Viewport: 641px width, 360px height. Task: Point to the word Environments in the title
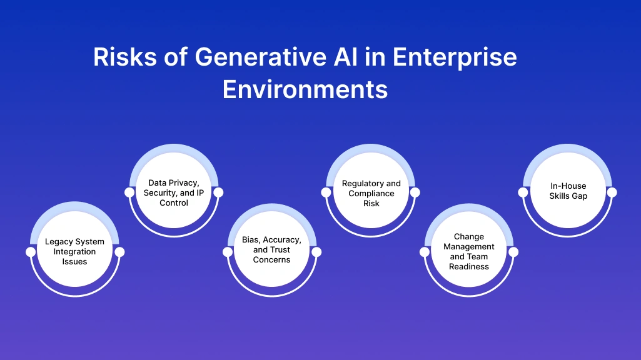click(x=305, y=89)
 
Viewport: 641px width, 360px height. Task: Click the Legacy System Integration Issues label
click(x=75, y=251)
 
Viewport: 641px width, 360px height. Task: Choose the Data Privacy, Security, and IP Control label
click(x=174, y=192)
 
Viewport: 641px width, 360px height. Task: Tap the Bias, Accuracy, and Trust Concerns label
click(x=272, y=249)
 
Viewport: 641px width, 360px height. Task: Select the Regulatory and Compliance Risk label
click(x=371, y=193)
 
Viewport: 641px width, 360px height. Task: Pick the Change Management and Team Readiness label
click(x=469, y=251)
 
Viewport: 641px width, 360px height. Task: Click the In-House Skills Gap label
click(x=568, y=191)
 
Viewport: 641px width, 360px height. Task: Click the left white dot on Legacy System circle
click(x=30, y=252)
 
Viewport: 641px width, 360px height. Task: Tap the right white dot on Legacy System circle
click(x=120, y=252)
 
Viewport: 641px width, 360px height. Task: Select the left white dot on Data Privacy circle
click(x=129, y=192)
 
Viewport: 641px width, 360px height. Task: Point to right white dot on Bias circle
click(x=316, y=252)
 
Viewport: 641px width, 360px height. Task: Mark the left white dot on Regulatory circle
click(x=326, y=192)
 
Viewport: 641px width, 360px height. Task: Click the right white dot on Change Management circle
click(x=513, y=252)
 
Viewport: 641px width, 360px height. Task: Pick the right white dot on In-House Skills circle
click(x=612, y=192)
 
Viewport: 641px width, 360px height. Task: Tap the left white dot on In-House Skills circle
click(x=523, y=192)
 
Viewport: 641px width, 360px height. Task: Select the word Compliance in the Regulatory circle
click(x=371, y=193)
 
